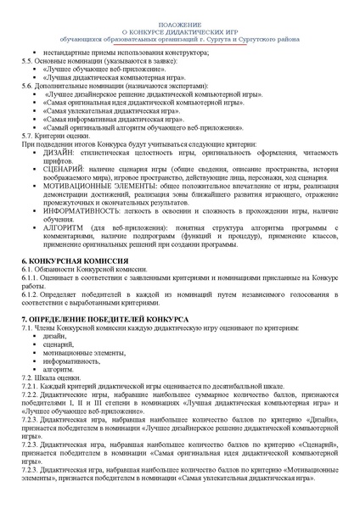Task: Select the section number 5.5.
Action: click(27, 61)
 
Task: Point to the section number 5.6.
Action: click(27, 86)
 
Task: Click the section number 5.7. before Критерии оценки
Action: click(27, 136)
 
